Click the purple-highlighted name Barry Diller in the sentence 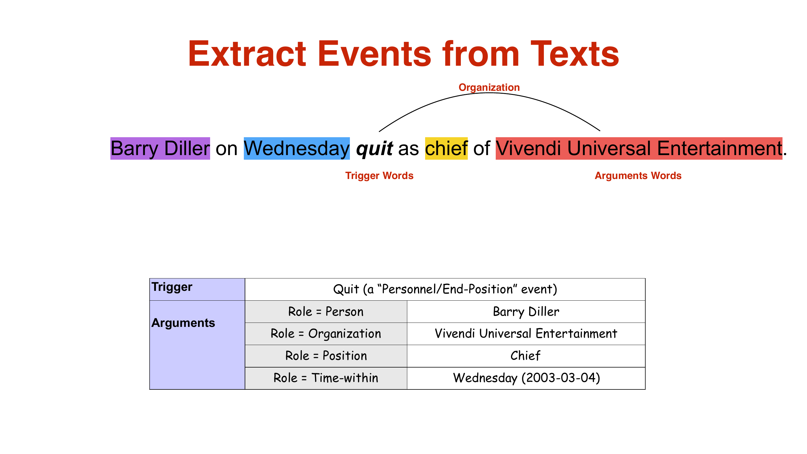(160, 148)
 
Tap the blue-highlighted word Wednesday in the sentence (297, 148)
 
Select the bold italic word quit (374, 148)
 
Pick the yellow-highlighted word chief (446, 148)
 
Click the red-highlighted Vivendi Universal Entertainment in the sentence (639, 148)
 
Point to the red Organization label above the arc (489, 87)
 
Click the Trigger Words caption (379, 176)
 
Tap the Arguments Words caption (638, 176)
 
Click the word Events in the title (375, 54)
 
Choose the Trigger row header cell (197, 289)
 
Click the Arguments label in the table (183, 323)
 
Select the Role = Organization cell (326, 334)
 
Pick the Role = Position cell (326, 356)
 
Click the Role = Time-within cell (326, 378)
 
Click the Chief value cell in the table (526, 356)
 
